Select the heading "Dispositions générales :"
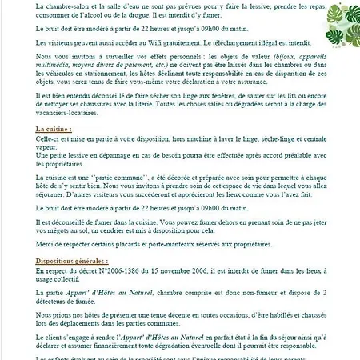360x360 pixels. point(72,261)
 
